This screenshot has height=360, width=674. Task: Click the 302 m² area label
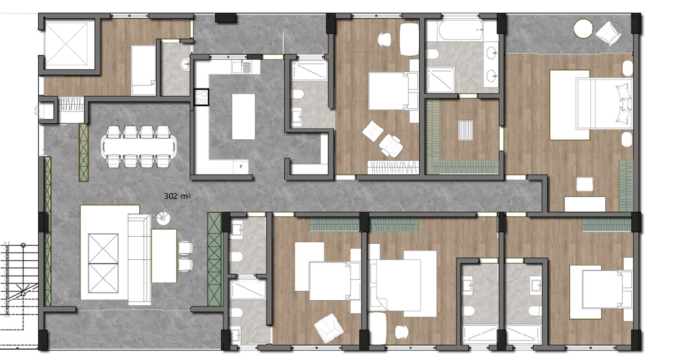(x=177, y=196)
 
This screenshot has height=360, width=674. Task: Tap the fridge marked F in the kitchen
(x=241, y=167)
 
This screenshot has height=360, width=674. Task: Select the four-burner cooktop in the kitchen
(x=201, y=97)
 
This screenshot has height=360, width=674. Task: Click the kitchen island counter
(x=244, y=116)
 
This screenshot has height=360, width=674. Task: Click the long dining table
(x=139, y=147)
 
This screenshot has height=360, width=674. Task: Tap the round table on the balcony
(x=583, y=29)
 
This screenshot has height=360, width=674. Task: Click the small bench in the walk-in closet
(x=466, y=130)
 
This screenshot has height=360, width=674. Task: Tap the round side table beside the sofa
(x=163, y=218)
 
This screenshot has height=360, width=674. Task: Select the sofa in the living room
(x=139, y=259)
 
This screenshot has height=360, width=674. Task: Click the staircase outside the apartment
(x=19, y=280)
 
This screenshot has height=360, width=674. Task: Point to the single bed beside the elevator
(x=143, y=70)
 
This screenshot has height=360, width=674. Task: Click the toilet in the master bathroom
(x=433, y=54)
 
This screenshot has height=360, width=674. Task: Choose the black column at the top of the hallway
(x=226, y=18)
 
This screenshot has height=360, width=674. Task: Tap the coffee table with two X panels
(x=103, y=263)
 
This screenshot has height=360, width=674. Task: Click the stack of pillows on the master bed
(x=624, y=103)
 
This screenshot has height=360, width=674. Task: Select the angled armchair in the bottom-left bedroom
(x=328, y=328)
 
